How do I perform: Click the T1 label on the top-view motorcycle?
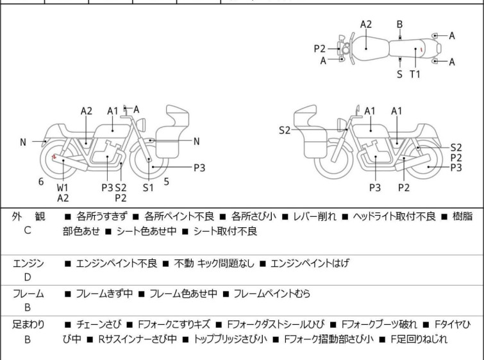415,74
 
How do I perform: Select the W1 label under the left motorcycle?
62,187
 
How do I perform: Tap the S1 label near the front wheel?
148,187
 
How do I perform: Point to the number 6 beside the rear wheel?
41,182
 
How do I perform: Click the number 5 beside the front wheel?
167,182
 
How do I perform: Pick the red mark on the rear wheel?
54,156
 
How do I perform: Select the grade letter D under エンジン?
28,277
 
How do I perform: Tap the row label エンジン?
28,263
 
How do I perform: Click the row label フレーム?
28,294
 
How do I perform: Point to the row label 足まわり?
28,325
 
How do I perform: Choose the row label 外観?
28,217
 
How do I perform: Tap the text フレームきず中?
104,294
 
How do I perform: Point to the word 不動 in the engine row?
184,263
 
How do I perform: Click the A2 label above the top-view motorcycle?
365,24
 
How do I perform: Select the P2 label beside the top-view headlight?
320,48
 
